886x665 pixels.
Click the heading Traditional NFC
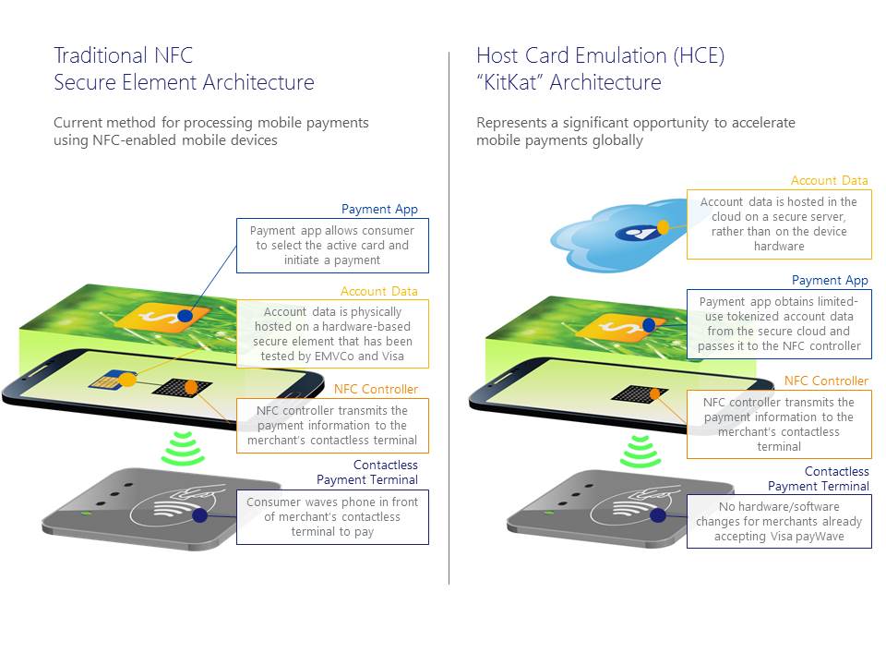(x=123, y=55)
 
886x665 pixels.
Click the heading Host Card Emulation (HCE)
(x=600, y=55)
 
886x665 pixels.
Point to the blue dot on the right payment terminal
(x=657, y=515)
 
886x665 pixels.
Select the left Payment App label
(x=379, y=210)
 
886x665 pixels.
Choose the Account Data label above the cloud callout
(x=829, y=181)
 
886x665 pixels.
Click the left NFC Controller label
(x=376, y=389)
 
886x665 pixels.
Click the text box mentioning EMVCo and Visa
(x=332, y=333)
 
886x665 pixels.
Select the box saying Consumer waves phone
(x=332, y=516)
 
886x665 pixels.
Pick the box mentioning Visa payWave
(x=778, y=521)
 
